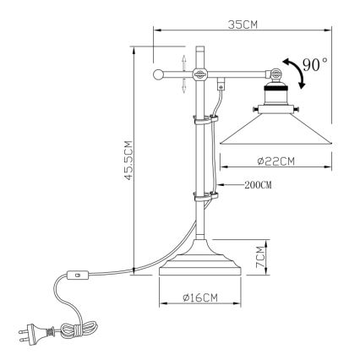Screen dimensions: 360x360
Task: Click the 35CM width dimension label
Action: coord(243,25)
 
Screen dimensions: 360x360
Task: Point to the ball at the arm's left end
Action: coord(158,75)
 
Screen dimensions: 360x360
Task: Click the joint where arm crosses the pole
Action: coord(200,74)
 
